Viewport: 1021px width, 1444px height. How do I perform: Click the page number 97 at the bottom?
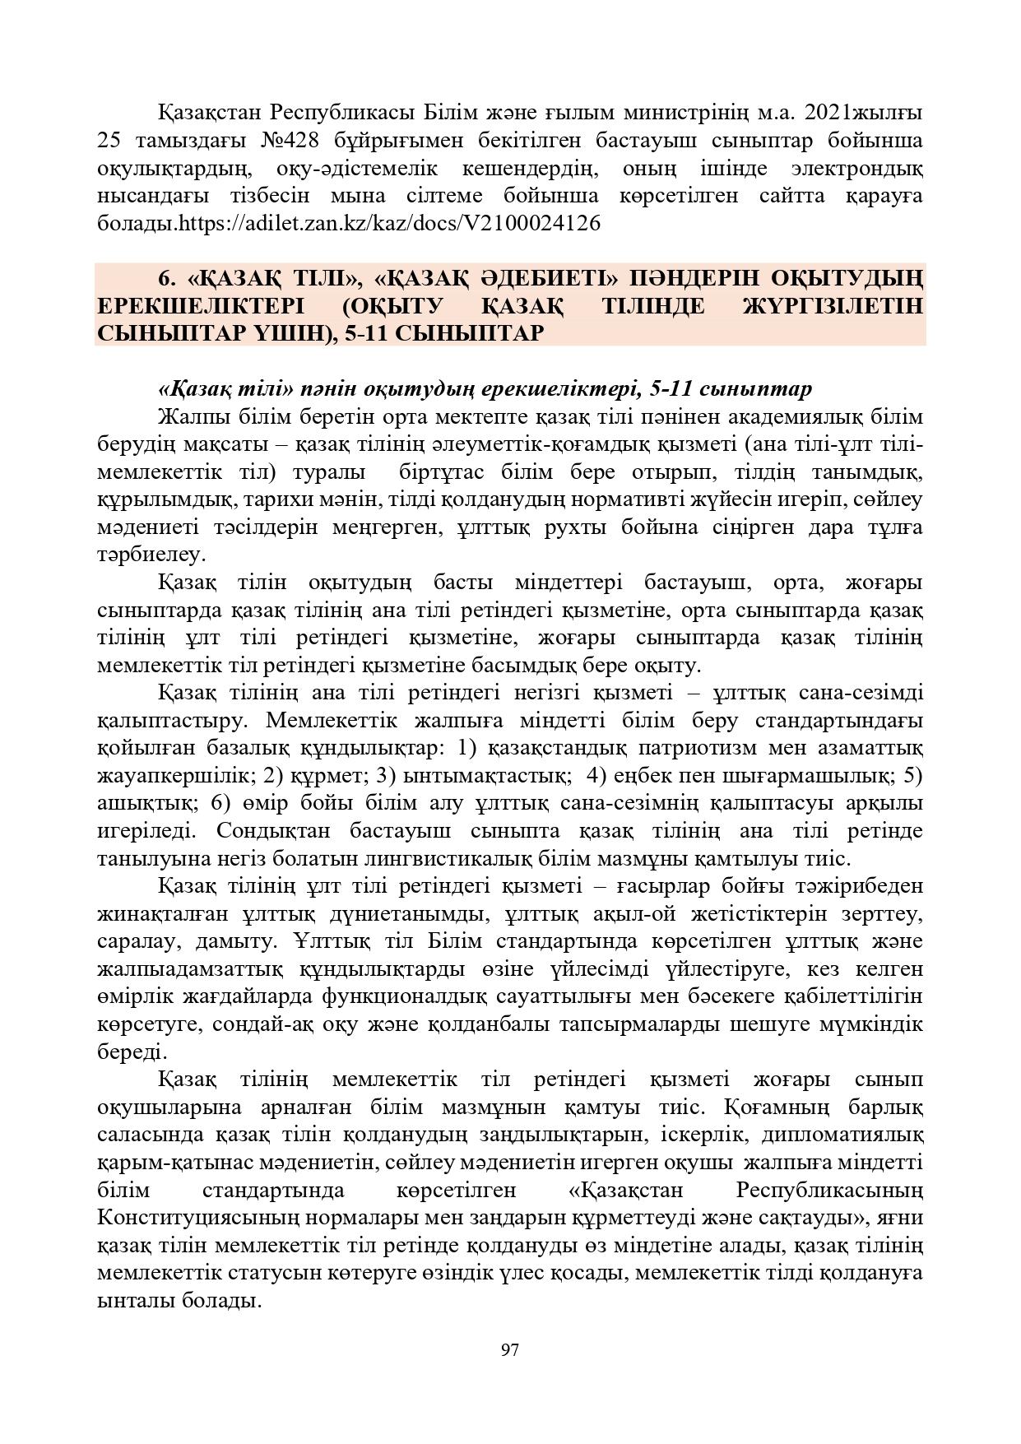(509, 1349)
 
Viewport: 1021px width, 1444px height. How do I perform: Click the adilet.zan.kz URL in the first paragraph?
(390, 223)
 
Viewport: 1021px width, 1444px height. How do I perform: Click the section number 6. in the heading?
(168, 278)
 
